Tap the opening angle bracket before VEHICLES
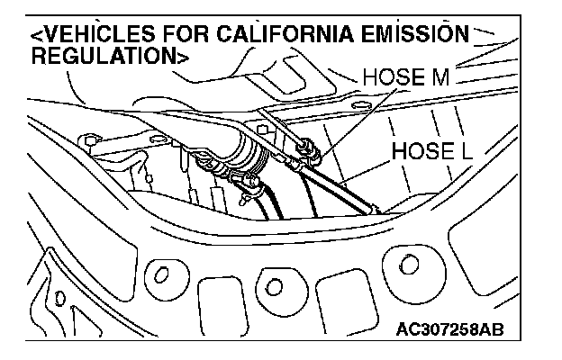[34, 36]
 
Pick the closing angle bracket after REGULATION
[183, 55]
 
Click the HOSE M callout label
[404, 79]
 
